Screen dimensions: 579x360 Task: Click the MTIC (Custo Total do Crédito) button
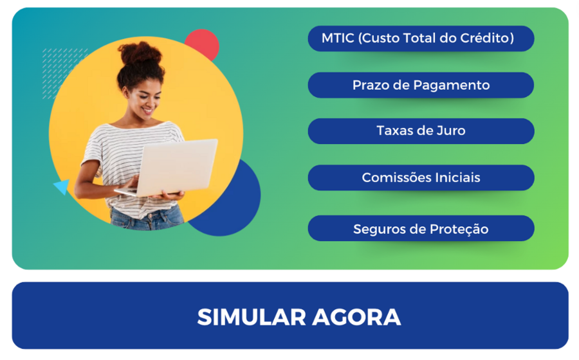pyautogui.click(x=421, y=39)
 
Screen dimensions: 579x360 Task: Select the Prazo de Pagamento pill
pyautogui.click(x=421, y=85)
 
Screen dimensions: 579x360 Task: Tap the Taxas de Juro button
pyautogui.click(x=421, y=131)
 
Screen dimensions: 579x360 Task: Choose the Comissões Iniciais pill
pyautogui.click(x=421, y=177)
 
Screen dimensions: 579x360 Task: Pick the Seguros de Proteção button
pyautogui.click(x=421, y=228)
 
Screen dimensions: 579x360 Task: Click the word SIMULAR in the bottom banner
pyautogui.click(x=252, y=317)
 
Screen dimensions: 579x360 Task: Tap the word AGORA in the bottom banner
pyautogui.click(x=356, y=317)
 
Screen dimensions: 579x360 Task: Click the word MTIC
pyautogui.click(x=338, y=38)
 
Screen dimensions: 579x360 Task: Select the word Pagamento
pyautogui.click(x=451, y=85)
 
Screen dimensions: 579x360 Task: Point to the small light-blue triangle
pyautogui.click(x=63, y=186)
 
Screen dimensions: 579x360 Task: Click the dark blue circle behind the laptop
pyautogui.click(x=236, y=206)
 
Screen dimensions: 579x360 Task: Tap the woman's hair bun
pyautogui.click(x=140, y=53)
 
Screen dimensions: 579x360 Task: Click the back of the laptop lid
pyautogui.click(x=178, y=166)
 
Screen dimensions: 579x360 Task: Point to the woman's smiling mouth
pyautogui.click(x=149, y=110)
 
